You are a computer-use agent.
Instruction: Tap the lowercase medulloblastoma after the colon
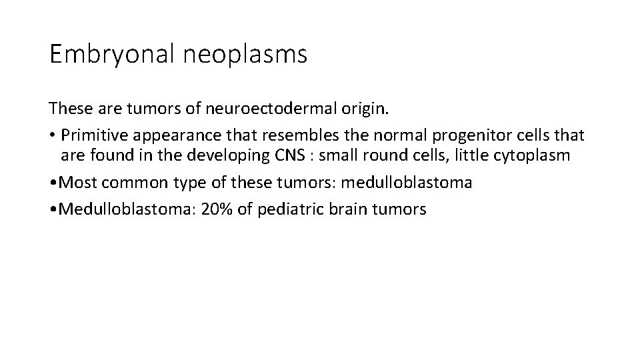point(406,183)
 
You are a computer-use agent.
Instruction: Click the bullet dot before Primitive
point(51,135)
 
